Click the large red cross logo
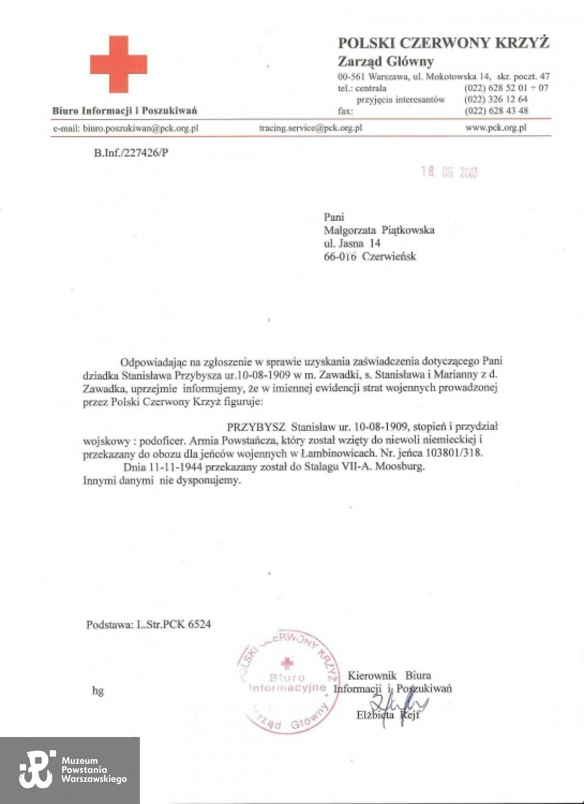point(118,64)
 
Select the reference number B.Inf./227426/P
point(131,153)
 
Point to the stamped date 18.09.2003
point(449,172)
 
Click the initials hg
point(98,690)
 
